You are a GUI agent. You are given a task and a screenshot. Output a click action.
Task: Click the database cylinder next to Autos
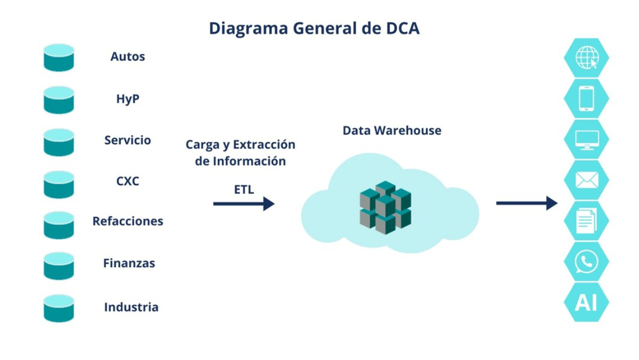click(59, 58)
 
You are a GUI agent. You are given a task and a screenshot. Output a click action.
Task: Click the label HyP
click(128, 99)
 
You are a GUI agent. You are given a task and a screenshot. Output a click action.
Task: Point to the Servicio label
click(128, 141)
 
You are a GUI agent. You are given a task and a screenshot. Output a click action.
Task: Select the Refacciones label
click(128, 221)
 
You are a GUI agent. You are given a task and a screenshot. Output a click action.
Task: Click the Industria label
click(131, 307)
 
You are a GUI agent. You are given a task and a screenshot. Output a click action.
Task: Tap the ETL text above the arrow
click(244, 189)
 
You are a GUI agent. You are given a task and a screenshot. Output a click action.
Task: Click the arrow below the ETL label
click(244, 203)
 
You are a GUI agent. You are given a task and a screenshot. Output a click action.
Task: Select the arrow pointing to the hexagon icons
click(527, 203)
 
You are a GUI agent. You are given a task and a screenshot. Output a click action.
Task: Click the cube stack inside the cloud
click(385, 207)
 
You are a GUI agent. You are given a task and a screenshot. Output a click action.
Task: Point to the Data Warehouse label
click(392, 130)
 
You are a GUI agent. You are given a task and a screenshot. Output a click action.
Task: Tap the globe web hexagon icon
click(586, 58)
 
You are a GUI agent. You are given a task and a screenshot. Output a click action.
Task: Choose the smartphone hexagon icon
click(586, 99)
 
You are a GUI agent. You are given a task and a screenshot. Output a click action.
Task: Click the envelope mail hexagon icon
click(586, 180)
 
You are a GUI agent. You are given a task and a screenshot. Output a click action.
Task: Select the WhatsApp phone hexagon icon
click(586, 261)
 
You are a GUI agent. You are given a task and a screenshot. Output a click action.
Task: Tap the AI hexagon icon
click(586, 302)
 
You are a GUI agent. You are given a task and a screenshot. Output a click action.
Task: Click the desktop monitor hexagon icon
click(586, 140)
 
